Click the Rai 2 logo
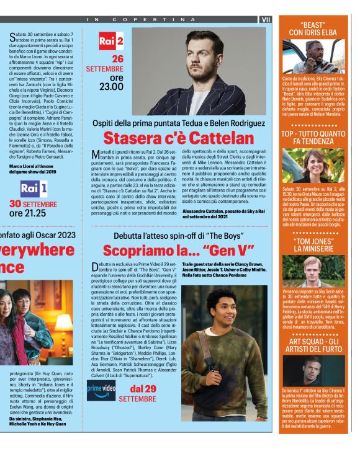tap(111, 42)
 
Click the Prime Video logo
tap(101, 389)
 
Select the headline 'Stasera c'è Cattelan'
tap(178, 138)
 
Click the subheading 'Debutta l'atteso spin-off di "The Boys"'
tap(178, 236)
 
